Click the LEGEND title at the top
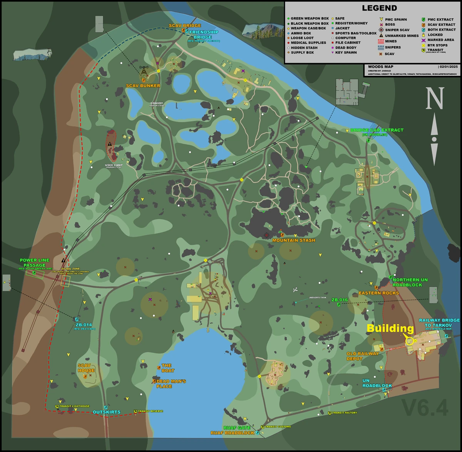pyautogui.click(x=379, y=8)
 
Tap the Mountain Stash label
pyautogui.click(x=294, y=240)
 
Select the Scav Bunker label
pyautogui.click(x=143, y=85)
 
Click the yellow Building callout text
pyautogui.click(x=390, y=328)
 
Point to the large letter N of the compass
pyautogui.click(x=434, y=99)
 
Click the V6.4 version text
pyautogui.click(x=425, y=408)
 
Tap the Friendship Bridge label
pyautogui.click(x=203, y=35)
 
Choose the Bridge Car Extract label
pyautogui.click(x=377, y=130)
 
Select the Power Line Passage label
pyautogui.click(x=35, y=263)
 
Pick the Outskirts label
pyautogui.click(x=107, y=412)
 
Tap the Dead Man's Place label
pyautogui.click(x=171, y=383)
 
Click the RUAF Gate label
pyautogui.click(x=237, y=428)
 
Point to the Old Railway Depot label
pyautogui.click(x=362, y=356)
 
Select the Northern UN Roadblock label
pyautogui.click(x=410, y=282)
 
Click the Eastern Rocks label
pyautogui.click(x=378, y=293)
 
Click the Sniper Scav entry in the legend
pyautogui.click(x=397, y=30)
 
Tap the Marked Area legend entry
pyautogui.click(x=440, y=40)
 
